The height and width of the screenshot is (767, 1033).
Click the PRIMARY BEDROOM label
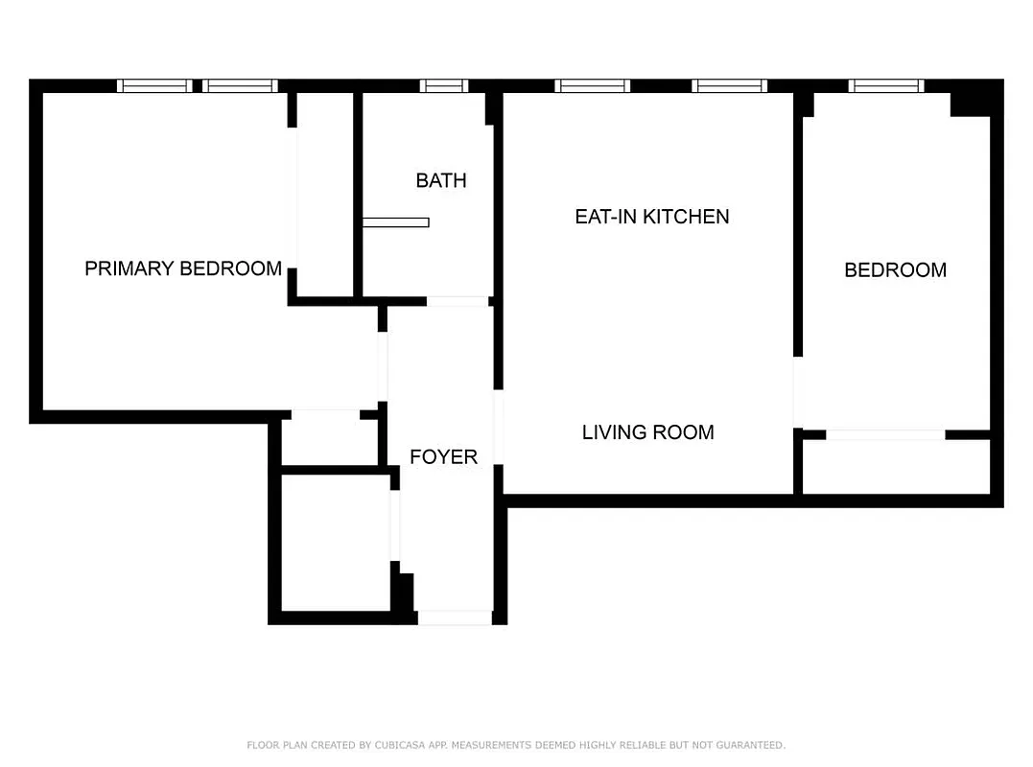pos(183,268)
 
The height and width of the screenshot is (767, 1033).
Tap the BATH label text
pos(441,180)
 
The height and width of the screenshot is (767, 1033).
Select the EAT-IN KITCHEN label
pos(652,217)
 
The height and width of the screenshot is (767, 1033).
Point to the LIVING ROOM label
pos(648,432)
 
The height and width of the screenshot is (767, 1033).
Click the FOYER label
pos(443,457)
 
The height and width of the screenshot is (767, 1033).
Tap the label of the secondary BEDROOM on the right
pos(895,270)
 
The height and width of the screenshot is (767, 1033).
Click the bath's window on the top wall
pos(444,86)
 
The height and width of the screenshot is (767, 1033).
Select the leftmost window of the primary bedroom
pos(154,86)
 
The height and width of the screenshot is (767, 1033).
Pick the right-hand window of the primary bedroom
pos(241,86)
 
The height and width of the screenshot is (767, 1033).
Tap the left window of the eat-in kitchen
pos(593,86)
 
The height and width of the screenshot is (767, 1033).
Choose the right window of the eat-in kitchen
pos(730,86)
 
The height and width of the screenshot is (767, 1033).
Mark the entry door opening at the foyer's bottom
pos(455,618)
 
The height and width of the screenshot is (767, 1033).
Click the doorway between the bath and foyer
pos(458,301)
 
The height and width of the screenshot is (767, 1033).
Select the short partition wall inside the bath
pos(396,222)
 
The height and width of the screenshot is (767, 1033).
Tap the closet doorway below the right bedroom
pos(885,434)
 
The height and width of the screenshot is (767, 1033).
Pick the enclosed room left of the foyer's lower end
pos(336,542)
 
